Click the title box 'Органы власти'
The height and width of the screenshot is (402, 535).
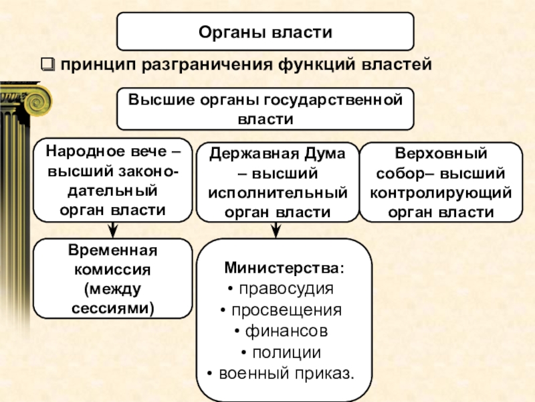coord(265,32)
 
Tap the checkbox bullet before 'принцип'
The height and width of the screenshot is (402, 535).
coord(47,66)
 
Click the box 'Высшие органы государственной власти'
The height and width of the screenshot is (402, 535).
coord(265,109)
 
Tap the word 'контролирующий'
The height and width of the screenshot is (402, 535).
coord(441,194)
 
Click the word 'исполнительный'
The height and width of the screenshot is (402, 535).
coord(277,194)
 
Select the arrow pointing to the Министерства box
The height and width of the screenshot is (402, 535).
coord(275,230)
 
